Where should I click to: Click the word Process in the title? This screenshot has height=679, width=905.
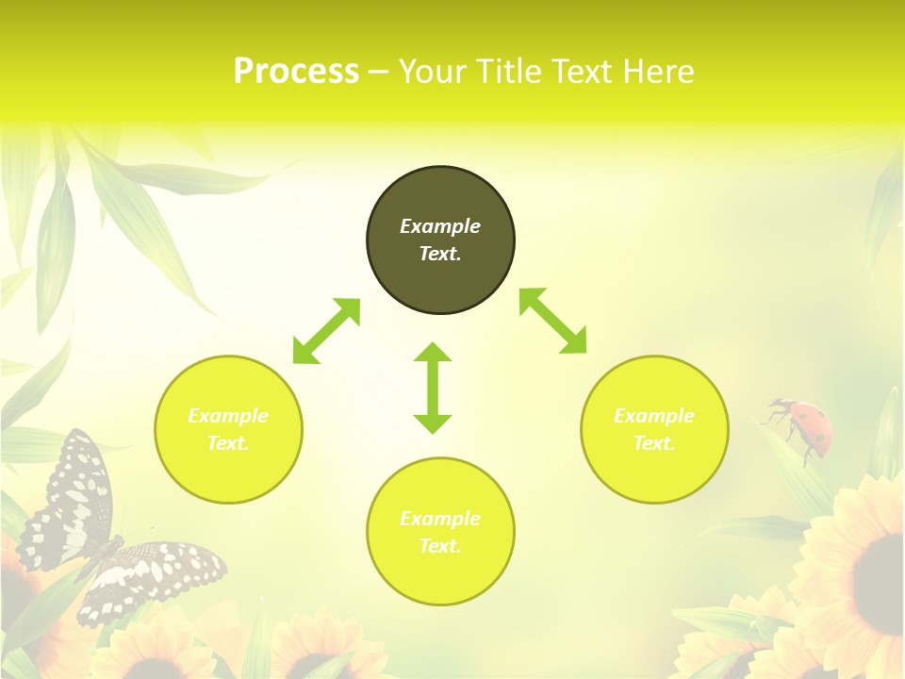296,72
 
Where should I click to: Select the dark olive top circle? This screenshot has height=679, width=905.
440,240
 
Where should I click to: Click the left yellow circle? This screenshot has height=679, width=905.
228,429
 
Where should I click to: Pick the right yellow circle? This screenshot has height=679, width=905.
654,429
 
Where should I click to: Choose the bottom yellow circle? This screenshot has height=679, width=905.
440,532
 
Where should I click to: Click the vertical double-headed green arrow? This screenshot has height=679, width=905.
433,388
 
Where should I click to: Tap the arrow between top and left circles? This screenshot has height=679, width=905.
326,331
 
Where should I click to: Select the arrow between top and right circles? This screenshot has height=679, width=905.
553,321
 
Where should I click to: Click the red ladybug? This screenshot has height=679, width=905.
803,423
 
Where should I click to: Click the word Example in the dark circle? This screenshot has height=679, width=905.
440,226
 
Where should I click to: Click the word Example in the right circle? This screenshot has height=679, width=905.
654,416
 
